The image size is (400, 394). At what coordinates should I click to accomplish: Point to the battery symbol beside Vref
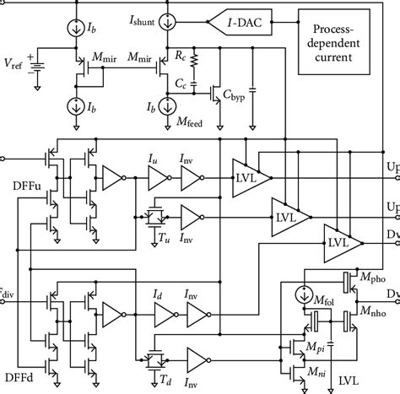[x=36, y=62]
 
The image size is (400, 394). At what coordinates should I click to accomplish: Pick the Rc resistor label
[x=202, y=57]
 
